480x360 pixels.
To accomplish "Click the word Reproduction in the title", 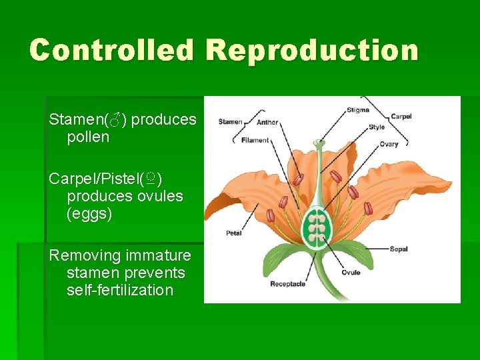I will (312, 50).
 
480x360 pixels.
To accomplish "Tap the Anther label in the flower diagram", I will (267, 122).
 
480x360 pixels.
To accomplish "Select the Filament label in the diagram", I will (255, 140).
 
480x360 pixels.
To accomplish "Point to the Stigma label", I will (358, 110).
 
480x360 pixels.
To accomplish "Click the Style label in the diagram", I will (377, 127).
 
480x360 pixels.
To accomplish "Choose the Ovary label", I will (389, 144).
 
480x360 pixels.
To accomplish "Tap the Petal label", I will (233, 233).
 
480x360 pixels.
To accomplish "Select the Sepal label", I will (399, 249).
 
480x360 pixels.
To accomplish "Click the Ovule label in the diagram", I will (351, 272).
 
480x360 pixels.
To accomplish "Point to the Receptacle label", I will (287, 284).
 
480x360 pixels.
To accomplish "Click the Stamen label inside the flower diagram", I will (231, 122).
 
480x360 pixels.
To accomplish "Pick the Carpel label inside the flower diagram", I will (401, 116).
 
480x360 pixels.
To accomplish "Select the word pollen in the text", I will (88, 137).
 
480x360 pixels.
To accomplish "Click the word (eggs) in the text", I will (89, 214).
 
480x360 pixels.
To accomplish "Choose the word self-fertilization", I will (120, 290).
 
